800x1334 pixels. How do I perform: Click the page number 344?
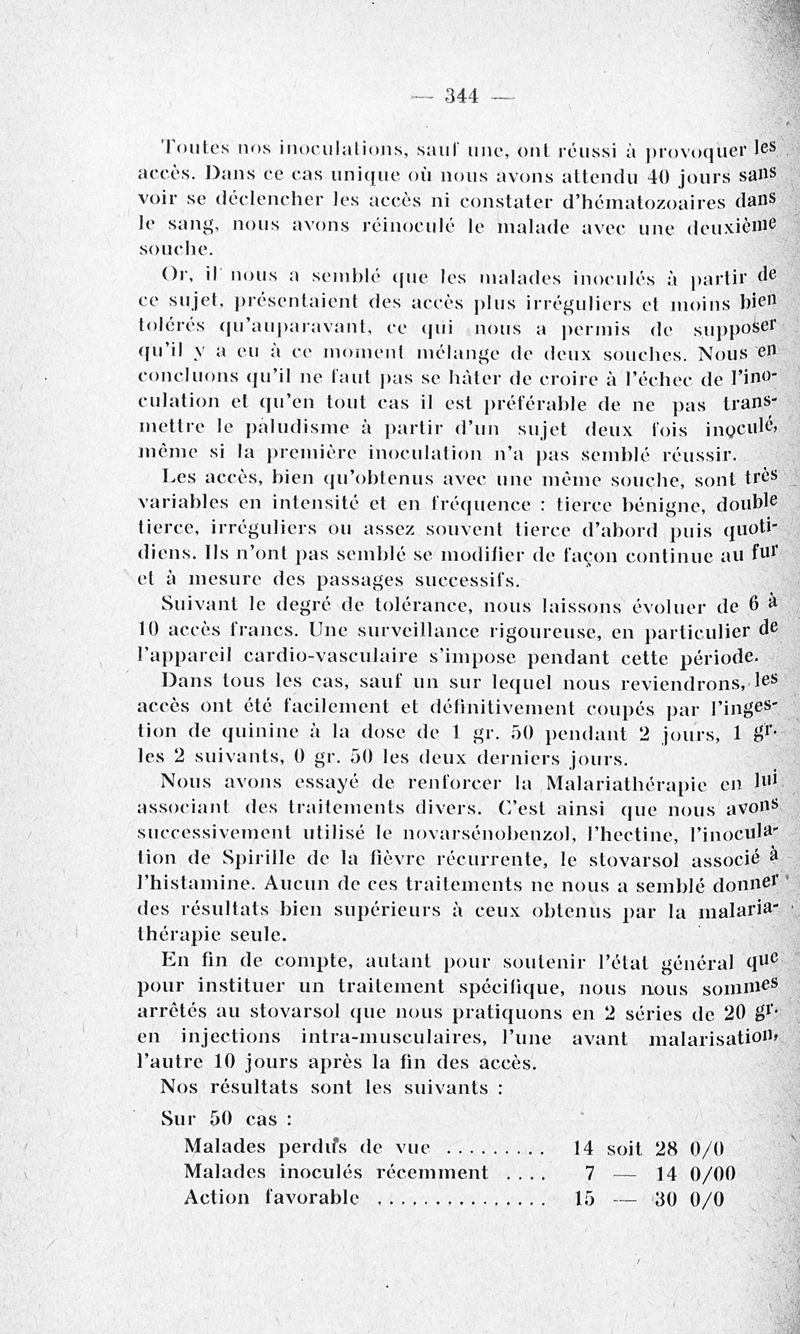462,96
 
